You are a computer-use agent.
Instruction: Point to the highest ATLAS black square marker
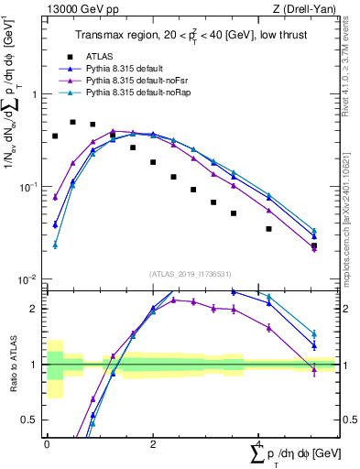click(x=73, y=122)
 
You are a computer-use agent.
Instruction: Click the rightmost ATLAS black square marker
click(x=314, y=245)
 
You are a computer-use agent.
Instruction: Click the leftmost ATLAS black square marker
click(x=55, y=136)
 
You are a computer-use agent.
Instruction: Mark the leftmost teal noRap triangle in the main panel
click(x=55, y=245)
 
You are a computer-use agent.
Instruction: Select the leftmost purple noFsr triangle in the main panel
click(x=55, y=197)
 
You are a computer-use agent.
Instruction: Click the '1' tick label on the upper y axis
click(x=36, y=94)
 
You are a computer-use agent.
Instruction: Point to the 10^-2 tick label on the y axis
click(x=30, y=279)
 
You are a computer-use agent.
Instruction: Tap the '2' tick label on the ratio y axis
click(x=37, y=309)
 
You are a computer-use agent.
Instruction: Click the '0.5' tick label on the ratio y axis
click(x=33, y=420)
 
